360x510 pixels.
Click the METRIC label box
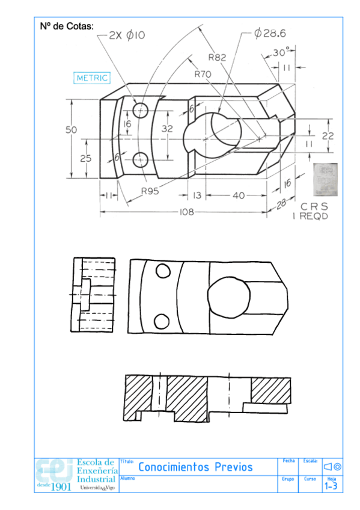[91, 78]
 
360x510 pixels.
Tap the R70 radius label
[203, 74]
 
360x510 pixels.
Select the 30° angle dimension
[281, 52]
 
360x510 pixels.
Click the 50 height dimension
[72, 129]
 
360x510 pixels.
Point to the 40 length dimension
[239, 195]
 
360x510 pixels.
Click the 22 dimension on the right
[327, 136]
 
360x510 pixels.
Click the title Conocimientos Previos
[195, 467]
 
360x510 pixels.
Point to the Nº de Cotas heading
[67, 26]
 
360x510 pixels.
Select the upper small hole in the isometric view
[141, 110]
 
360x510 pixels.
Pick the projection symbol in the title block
[332, 467]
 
